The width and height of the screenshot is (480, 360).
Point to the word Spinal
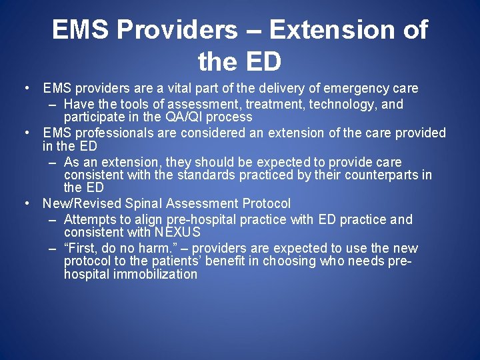(141, 203)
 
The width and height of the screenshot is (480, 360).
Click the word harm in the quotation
(157, 249)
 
